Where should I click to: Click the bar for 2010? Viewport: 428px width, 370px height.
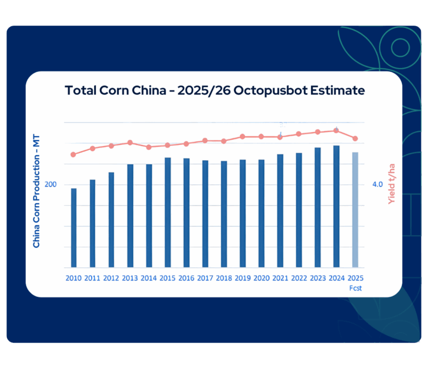74,228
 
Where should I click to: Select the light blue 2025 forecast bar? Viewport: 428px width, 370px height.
355,210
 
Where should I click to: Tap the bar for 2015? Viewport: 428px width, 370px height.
167,213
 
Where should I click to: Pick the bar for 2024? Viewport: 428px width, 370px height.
336,206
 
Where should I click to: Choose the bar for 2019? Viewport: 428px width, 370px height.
242,213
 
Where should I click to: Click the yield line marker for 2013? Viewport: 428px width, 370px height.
130,143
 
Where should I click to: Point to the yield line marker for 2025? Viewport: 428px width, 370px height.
355,138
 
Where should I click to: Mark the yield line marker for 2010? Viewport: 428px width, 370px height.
74,155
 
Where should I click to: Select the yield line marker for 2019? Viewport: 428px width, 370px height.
242,136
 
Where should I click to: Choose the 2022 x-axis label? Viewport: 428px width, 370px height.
299,278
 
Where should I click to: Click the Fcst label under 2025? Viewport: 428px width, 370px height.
355,288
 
